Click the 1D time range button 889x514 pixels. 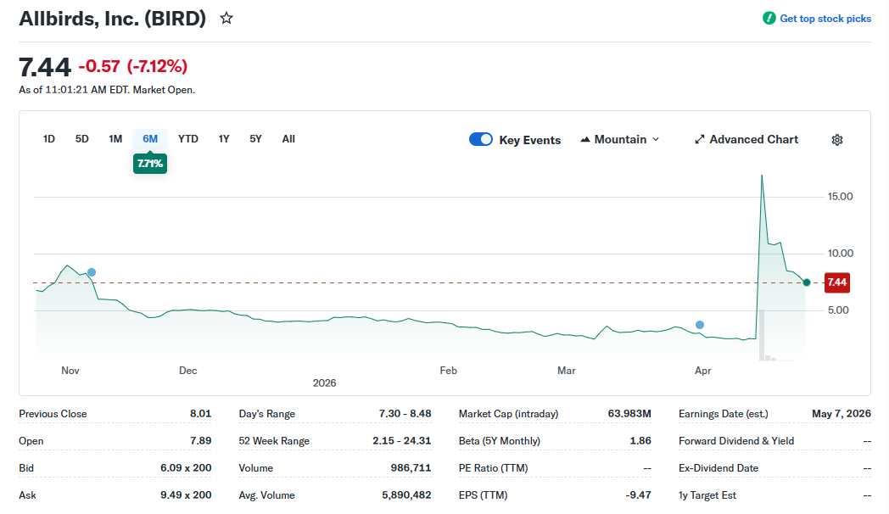(49, 139)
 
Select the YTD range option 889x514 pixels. (188, 139)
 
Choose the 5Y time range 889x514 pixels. (255, 139)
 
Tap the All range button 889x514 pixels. (288, 139)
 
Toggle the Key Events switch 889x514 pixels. (481, 140)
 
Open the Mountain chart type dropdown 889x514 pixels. (620, 140)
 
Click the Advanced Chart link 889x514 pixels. (746, 140)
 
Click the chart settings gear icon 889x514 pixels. (837, 140)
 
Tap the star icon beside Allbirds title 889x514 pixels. (226, 18)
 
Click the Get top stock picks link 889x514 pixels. (818, 19)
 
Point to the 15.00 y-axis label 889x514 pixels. (839, 197)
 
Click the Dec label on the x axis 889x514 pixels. (187, 371)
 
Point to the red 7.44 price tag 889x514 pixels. (836, 282)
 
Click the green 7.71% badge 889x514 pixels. (150, 163)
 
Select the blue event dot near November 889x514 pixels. (92, 272)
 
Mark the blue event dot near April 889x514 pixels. (700, 325)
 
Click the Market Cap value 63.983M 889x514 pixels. (629, 414)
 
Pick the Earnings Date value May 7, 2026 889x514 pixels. (841, 414)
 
